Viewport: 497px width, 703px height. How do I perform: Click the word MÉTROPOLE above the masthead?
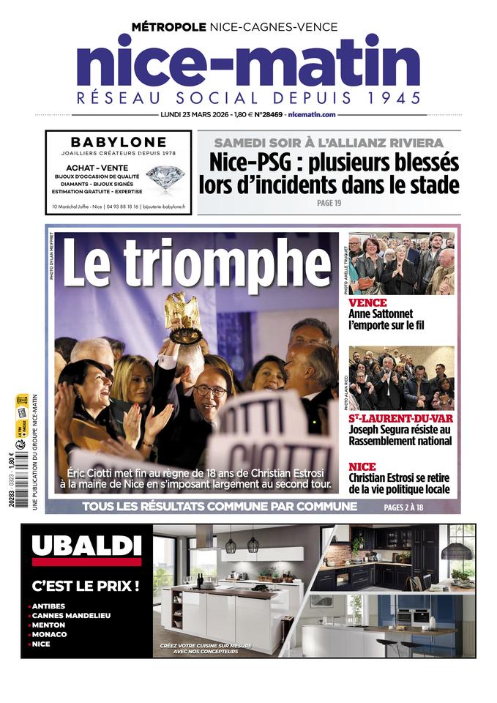click(168, 27)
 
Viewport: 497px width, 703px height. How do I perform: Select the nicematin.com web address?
click(312, 115)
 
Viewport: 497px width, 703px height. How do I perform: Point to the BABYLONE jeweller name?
click(119, 142)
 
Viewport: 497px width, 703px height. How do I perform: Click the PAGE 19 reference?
click(329, 203)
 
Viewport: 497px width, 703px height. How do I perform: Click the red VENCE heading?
click(367, 302)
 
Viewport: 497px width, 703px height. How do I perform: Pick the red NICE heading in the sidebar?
click(362, 466)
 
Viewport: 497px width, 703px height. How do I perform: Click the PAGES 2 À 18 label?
click(414, 507)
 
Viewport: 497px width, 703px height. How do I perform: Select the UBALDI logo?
click(86, 546)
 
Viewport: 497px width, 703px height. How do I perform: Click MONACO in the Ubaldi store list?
click(50, 634)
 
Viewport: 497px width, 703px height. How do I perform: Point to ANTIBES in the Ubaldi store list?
click(49, 606)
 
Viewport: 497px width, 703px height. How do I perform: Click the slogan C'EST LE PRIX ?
click(86, 586)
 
